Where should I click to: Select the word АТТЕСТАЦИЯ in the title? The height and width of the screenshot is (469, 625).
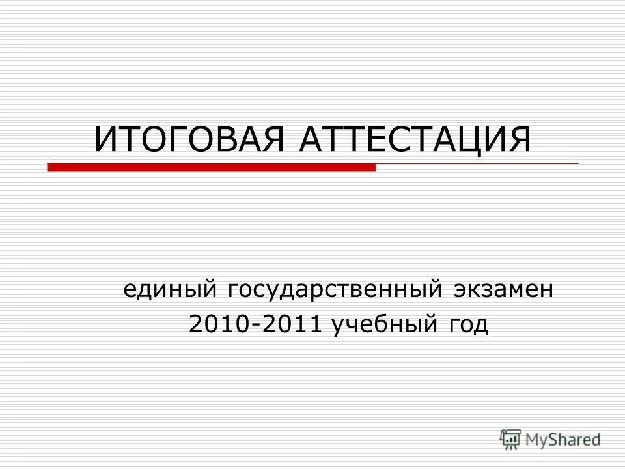(415, 140)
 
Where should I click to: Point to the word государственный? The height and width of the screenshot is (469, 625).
(332, 288)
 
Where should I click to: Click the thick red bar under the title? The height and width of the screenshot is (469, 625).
(212, 167)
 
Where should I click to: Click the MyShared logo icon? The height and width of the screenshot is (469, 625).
(510, 438)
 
